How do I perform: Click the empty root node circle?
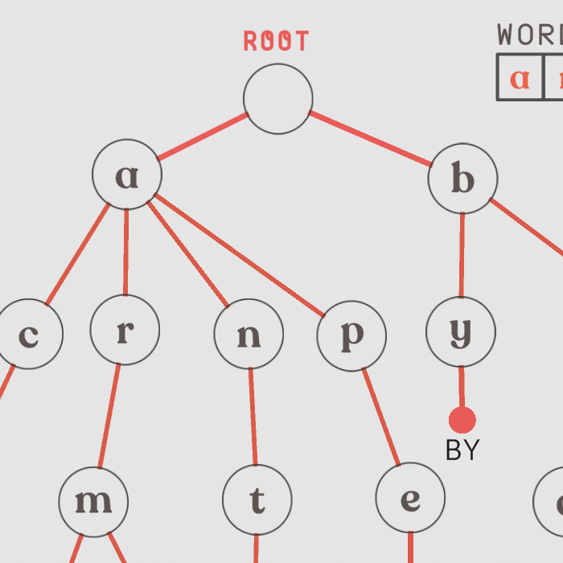click(x=277, y=99)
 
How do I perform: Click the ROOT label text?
click(x=277, y=42)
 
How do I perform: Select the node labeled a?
click(x=127, y=175)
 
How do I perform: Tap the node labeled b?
click(x=462, y=179)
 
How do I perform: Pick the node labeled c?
click(x=29, y=335)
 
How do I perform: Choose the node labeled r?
click(x=125, y=330)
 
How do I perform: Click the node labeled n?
click(x=249, y=335)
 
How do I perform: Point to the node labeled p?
click(x=351, y=336)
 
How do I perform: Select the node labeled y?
click(x=461, y=331)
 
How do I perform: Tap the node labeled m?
click(x=93, y=502)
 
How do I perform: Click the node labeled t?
click(x=257, y=500)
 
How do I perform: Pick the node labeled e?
click(x=410, y=499)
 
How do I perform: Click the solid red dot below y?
click(x=462, y=420)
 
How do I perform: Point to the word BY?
click(x=462, y=450)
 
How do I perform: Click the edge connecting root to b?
click(x=371, y=138)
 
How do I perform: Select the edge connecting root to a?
click(x=202, y=137)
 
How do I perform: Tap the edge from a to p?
click(x=239, y=254)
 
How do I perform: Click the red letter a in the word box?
click(x=520, y=78)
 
